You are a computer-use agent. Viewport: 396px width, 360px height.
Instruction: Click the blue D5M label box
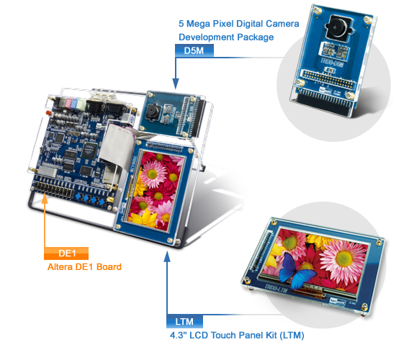(x=194, y=51)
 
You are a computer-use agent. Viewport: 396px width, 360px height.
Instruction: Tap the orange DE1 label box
(x=66, y=253)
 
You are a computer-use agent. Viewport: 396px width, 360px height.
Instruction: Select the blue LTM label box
(x=184, y=321)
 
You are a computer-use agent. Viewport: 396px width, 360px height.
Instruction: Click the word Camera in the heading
(x=282, y=24)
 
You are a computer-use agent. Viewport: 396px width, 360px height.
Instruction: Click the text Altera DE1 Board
(x=84, y=267)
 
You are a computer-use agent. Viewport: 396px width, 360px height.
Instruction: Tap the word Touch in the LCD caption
(x=223, y=336)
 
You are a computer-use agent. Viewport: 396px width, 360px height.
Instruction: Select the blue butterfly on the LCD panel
(x=297, y=272)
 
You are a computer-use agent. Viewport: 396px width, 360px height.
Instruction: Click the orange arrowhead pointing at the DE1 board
(x=45, y=199)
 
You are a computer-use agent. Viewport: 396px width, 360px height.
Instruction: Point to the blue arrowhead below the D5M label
(x=176, y=84)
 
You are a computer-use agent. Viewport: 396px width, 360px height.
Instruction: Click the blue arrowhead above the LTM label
(x=167, y=256)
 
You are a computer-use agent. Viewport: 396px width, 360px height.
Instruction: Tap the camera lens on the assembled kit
(x=153, y=111)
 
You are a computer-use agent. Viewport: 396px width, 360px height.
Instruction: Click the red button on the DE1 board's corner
(x=48, y=112)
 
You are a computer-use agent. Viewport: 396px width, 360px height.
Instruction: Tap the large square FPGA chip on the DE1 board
(x=90, y=149)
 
